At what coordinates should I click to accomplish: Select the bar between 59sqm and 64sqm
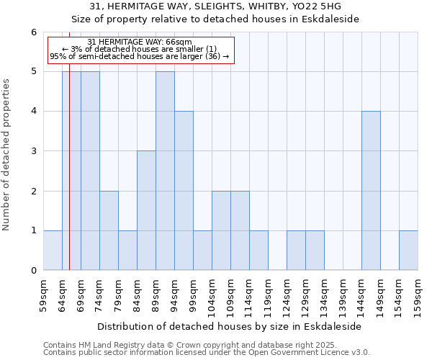[53, 251]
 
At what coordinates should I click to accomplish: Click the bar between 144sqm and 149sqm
[371, 191]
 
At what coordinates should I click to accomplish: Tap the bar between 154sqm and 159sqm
[408, 251]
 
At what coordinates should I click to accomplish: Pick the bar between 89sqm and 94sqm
[165, 171]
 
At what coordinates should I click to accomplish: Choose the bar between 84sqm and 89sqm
[146, 210]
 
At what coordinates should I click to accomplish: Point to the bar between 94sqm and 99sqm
[184, 191]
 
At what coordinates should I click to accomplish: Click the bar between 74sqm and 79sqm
[109, 230]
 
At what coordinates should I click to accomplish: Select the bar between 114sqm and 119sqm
[258, 251]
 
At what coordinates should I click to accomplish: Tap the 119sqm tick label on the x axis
[268, 294]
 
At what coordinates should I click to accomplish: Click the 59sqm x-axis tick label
[43, 294]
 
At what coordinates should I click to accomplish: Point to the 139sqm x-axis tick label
[343, 294]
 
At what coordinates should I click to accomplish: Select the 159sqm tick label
[418, 294]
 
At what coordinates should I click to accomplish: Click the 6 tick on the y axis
[33, 32]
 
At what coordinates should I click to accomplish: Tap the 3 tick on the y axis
[33, 151]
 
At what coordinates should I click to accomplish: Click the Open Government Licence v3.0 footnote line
[207, 353]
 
